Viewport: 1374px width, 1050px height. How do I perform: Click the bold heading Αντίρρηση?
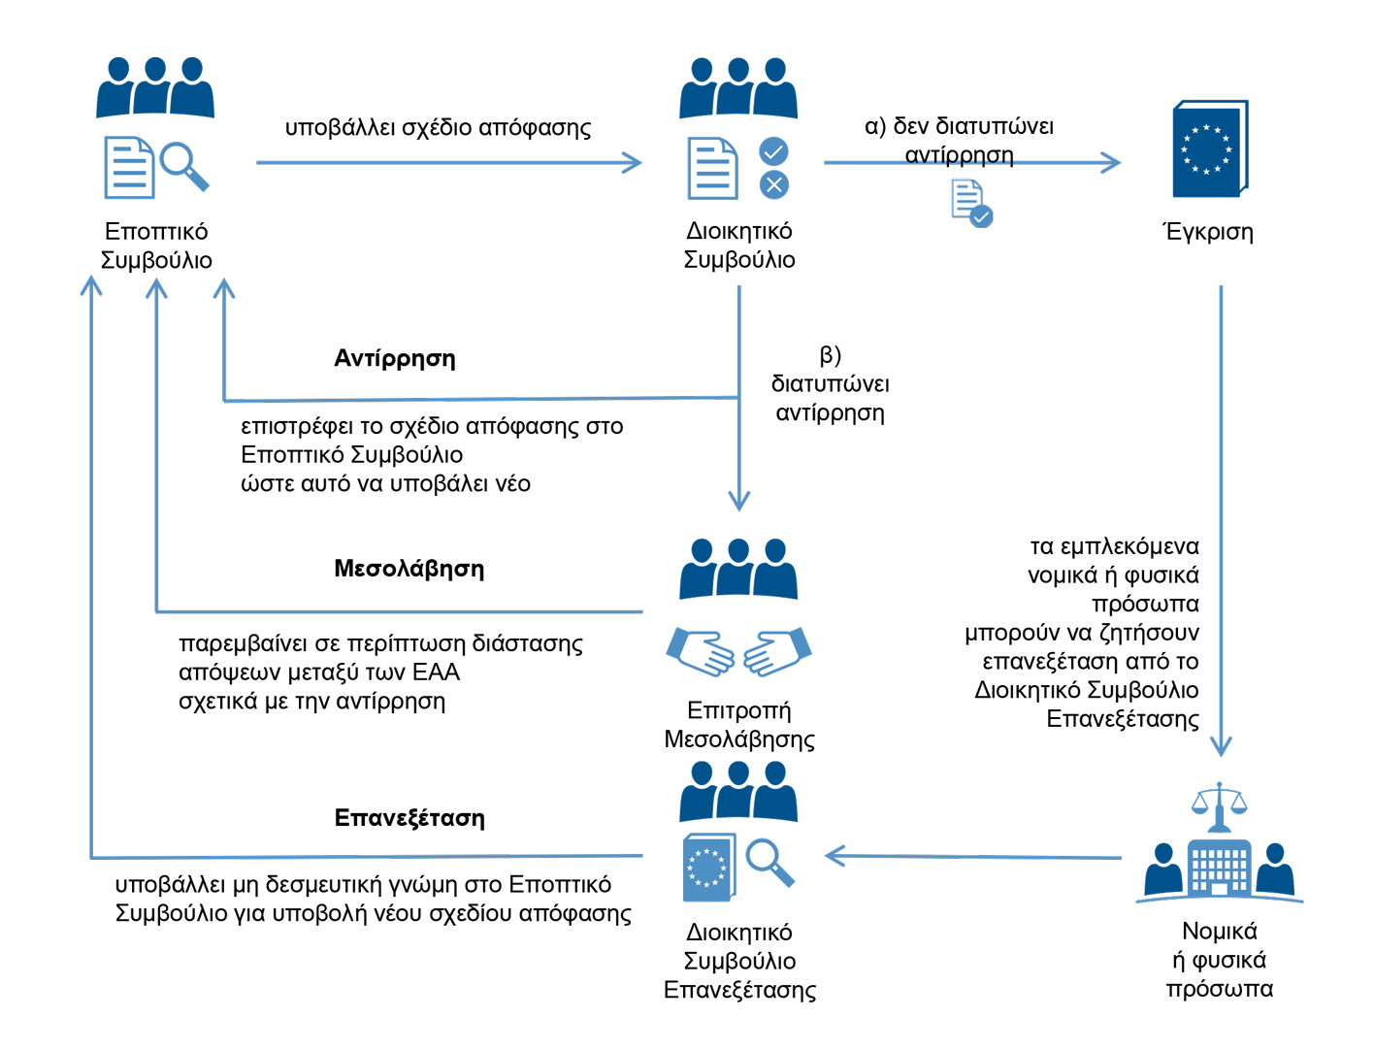pos(394,358)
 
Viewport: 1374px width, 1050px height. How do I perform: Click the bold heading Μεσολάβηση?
pos(409,569)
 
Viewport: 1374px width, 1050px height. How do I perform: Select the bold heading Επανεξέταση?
pos(409,818)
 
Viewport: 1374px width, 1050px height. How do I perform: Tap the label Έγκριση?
pos(1208,232)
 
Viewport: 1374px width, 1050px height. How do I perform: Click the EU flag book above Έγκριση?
pos(1209,148)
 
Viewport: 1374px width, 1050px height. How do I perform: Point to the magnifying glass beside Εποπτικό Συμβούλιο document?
pos(183,165)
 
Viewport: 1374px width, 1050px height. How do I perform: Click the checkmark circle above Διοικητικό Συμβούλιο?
pos(773,151)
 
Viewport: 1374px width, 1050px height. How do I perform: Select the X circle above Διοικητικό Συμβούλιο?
pos(773,184)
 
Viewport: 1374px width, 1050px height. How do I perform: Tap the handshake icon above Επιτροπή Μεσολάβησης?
pos(738,652)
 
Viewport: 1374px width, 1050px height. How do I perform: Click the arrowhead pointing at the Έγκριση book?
pos(1112,162)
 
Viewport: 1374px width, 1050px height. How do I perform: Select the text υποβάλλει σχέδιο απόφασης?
pos(438,128)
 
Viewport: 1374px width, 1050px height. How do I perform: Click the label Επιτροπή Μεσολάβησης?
pos(738,725)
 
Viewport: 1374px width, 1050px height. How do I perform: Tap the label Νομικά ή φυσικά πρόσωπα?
pos(1219,960)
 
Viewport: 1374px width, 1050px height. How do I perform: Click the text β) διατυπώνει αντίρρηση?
pos(830,384)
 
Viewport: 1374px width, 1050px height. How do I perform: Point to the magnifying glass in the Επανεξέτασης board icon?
pos(769,861)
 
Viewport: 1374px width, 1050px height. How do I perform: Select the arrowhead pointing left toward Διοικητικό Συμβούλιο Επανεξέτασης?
pos(834,856)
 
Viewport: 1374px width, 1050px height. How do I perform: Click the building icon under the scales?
pos(1219,867)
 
